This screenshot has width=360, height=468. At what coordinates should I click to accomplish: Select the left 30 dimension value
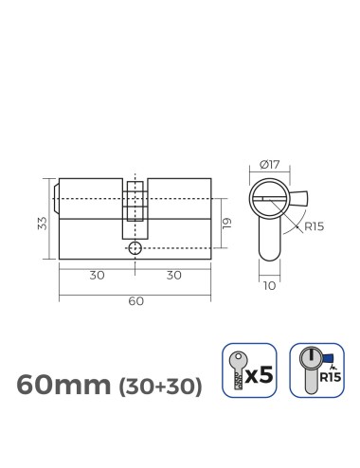97,276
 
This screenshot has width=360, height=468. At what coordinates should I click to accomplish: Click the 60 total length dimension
135,301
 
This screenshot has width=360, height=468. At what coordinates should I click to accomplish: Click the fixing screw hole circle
135,247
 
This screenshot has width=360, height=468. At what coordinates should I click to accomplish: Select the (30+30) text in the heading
159,387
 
